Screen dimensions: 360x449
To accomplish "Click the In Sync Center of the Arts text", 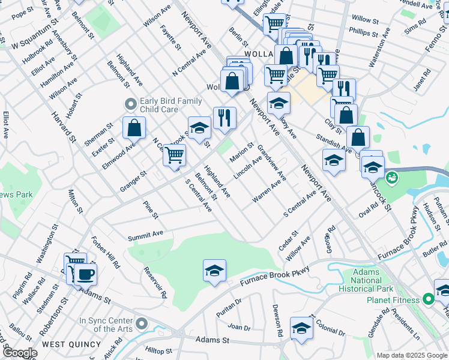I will [107, 325].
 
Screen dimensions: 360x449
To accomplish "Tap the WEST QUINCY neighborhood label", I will [66, 344].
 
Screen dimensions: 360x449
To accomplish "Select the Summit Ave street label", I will [145, 233].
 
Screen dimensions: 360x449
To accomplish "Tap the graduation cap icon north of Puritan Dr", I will [214, 270].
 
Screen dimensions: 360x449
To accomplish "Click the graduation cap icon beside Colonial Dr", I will [301, 328].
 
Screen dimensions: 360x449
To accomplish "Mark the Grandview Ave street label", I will [272, 162].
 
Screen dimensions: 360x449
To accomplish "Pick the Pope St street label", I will [23, 12].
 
